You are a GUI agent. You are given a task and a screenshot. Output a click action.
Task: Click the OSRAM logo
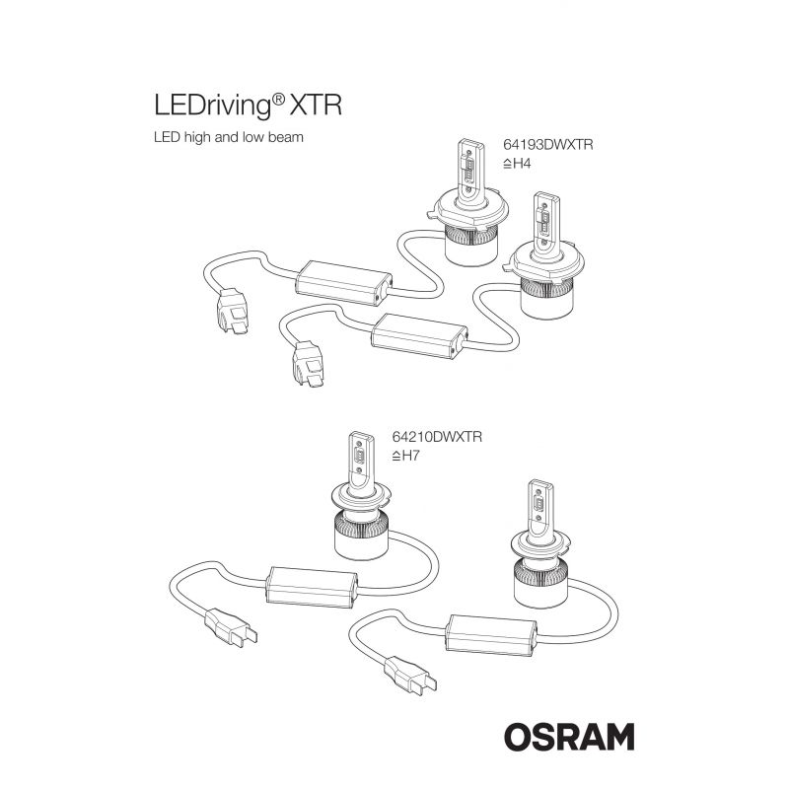pos(569,737)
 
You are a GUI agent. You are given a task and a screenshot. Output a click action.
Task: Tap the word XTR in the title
pos(317,106)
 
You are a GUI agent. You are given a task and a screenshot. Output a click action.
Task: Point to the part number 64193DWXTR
pos(548,145)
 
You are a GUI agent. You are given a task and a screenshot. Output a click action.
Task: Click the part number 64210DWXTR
pos(437,437)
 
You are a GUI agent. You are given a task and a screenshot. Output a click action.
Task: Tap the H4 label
pos(517,164)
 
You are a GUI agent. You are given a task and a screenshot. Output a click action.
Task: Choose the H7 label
pos(405,456)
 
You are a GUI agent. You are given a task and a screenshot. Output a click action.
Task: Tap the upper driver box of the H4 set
pos(343,283)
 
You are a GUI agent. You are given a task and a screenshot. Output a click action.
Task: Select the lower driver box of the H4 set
pos(419,335)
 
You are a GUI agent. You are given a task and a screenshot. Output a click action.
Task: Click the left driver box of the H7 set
pos(312,587)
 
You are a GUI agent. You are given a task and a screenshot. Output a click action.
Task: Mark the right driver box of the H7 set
pos(491,634)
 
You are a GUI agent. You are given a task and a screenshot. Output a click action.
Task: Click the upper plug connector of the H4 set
pos(233,310)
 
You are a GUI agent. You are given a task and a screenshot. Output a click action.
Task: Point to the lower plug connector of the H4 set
pos(308,363)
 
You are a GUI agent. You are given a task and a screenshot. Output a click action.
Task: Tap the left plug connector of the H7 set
pos(231,627)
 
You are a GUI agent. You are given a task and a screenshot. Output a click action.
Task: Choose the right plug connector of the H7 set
pos(410,676)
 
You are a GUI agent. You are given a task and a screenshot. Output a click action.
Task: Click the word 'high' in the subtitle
pos(197,137)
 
